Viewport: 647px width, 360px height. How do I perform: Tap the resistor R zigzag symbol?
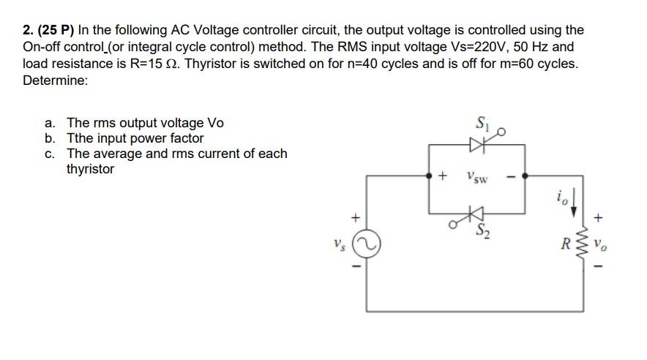click(583, 243)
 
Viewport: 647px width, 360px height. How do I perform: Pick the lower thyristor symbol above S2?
click(476, 214)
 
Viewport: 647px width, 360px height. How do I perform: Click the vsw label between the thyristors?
click(476, 176)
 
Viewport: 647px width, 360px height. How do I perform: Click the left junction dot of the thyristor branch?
click(428, 176)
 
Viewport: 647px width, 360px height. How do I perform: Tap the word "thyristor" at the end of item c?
click(90, 169)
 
